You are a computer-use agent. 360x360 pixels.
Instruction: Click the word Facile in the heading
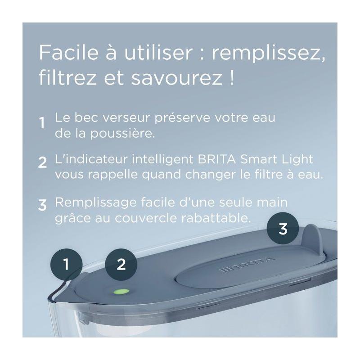69,52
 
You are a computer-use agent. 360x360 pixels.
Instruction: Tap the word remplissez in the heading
268,54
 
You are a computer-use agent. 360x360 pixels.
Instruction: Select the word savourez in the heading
177,78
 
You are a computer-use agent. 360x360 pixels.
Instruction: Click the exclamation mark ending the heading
232,77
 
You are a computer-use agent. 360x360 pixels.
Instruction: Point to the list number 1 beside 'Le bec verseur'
42,123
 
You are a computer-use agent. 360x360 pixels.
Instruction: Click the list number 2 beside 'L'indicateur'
42,162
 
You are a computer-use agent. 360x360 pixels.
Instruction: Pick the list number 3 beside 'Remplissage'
42,205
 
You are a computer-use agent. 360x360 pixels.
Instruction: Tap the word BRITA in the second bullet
216,159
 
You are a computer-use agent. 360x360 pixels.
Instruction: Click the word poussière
122,133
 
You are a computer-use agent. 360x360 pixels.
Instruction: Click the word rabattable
216,218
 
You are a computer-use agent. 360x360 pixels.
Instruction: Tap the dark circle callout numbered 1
66,265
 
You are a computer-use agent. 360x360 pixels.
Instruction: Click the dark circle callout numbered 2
121,265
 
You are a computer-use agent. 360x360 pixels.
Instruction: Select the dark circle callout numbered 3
283,229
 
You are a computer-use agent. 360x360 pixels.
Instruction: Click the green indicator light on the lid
121,292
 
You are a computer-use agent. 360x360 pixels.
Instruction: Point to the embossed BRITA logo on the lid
246,265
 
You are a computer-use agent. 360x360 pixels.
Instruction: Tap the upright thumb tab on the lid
312,239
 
